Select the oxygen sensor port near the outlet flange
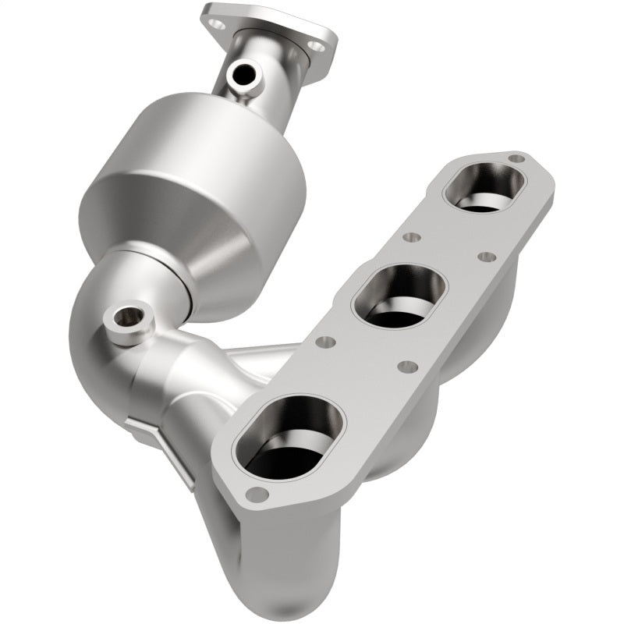[x=243, y=76]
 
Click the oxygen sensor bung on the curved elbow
[x=127, y=318]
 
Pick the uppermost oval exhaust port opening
[x=484, y=187]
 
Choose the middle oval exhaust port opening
[x=399, y=295]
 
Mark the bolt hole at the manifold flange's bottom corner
[x=255, y=493]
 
